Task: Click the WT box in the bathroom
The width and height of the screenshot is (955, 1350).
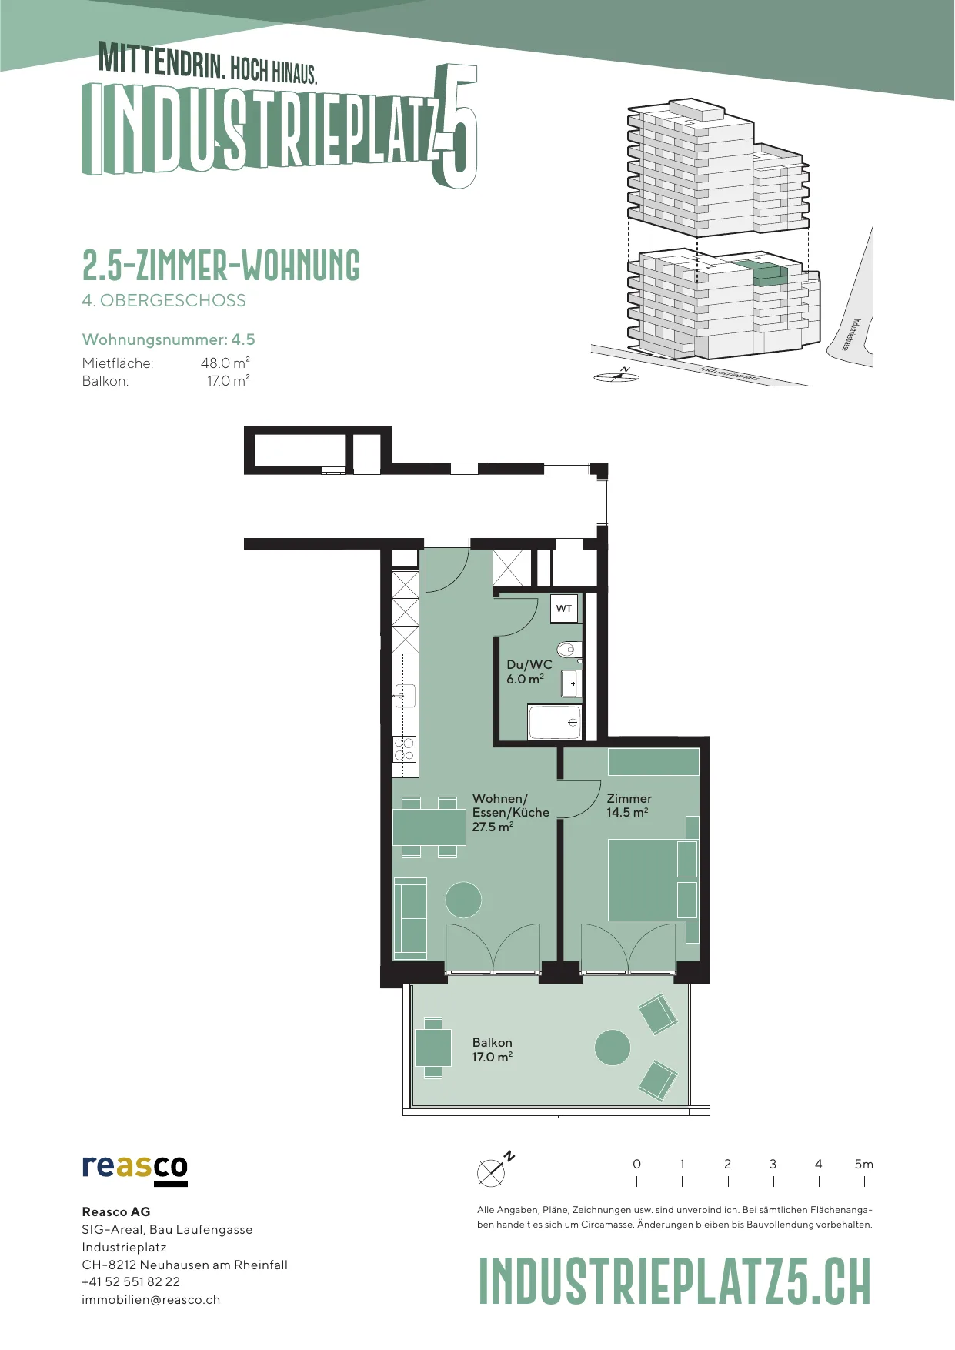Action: click(x=565, y=608)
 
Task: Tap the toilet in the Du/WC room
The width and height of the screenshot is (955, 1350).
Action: click(x=569, y=650)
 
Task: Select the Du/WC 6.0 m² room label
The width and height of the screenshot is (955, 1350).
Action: click(x=529, y=671)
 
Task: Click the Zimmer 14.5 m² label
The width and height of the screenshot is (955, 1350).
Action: click(x=629, y=805)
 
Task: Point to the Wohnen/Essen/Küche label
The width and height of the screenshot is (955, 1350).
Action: click(x=510, y=812)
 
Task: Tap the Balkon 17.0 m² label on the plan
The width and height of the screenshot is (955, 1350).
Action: click(x=492, y=1050)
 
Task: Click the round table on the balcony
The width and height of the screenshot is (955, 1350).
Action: click(x=613, y=1048)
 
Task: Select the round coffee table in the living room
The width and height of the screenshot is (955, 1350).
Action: click(x=463, y=899)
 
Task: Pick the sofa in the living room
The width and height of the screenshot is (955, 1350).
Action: click(x=410, y=918)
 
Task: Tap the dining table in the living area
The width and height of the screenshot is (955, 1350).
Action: click(x=429, y=827)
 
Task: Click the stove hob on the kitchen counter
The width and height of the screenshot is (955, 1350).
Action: click(x=405, y=749)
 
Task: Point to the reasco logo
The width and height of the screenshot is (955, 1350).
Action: click(x=135, y=1169)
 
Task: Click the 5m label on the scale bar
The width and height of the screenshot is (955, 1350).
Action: click(x=863, y=1164)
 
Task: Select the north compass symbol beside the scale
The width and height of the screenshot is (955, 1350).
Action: click(x=494, y=1169)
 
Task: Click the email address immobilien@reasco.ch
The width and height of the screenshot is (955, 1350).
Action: click(x=151, y=1299)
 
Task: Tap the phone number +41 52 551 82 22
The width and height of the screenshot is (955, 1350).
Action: click(x=131, y=1281)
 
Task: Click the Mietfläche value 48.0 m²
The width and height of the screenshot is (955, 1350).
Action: click(x=225, y=363)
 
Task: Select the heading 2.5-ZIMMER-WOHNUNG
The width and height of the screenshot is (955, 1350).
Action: click(x=221, y=265)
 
